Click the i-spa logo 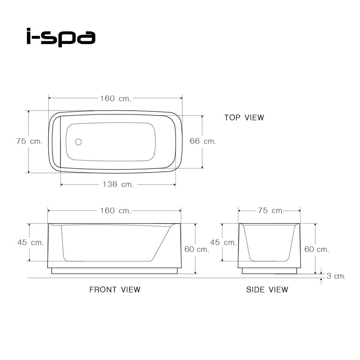coord(61,37)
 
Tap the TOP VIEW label coord(244,117)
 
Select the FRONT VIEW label coord(115,289)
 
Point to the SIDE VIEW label coord(267,289)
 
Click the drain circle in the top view coord(78,142)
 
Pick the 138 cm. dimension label coord(118,184)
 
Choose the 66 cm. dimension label coord(203,141)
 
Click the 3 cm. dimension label coord(336,276)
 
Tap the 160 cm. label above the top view coord(115,99)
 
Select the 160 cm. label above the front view coord(115,210)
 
